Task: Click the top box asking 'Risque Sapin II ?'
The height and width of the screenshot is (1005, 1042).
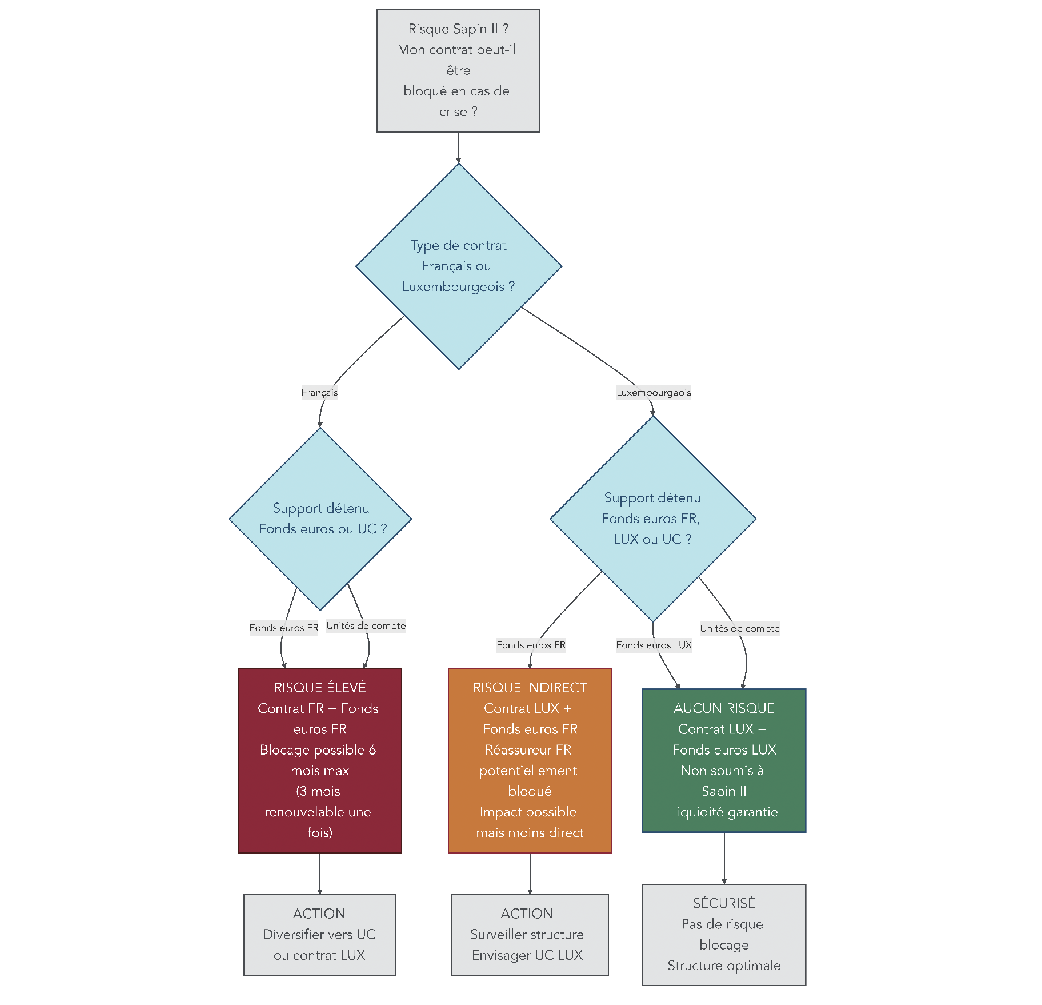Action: point(458,70)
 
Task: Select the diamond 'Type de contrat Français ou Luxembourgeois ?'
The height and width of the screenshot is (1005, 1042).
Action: point(458,266)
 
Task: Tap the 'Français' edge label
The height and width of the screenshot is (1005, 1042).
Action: point(319,392)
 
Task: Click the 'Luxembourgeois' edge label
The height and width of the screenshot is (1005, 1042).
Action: point(654,392)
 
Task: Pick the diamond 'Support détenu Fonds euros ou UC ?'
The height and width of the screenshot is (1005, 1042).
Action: point(320,519)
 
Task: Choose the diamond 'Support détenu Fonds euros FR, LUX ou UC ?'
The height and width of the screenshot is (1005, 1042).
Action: point(652,519)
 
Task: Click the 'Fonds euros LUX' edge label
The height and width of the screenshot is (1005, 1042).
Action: point(654,645)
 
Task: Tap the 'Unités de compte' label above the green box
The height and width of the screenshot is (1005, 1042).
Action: point(739,628)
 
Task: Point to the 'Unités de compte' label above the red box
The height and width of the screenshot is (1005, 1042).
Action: point(366,625)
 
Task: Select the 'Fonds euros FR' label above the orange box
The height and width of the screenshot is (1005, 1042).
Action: point(531,645)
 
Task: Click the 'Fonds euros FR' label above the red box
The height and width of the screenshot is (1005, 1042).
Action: point(283,628)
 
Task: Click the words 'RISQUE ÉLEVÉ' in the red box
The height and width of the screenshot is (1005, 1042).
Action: point(320,687)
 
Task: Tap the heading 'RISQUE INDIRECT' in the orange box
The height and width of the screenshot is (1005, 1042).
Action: point(530,687)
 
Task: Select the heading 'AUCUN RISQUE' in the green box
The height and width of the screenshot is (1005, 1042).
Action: point(724,708)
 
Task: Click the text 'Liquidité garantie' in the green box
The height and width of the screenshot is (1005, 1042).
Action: point(724,812)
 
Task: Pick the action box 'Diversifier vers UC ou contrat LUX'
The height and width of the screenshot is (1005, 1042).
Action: point(319,934)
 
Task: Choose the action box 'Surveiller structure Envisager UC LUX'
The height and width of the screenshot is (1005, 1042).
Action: point(530,934)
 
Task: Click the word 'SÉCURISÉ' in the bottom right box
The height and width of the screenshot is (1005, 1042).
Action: point(724,903)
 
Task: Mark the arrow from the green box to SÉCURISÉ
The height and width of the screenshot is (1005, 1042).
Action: point(724,858)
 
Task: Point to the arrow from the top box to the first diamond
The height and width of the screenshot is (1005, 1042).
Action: point(458,147)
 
